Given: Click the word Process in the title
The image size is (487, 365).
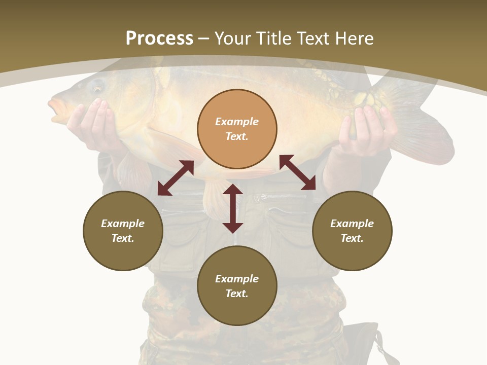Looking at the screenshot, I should (x=159, y=38).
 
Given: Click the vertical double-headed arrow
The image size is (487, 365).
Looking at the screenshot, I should (x=233, y=208).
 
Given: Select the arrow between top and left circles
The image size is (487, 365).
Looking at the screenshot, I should (x=176, y=178).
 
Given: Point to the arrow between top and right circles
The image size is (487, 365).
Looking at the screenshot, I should (x=297, y=172).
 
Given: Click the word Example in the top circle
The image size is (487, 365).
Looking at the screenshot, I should (x=237, y=122).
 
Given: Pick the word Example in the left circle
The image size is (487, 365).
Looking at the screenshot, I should (x=123, y=224).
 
